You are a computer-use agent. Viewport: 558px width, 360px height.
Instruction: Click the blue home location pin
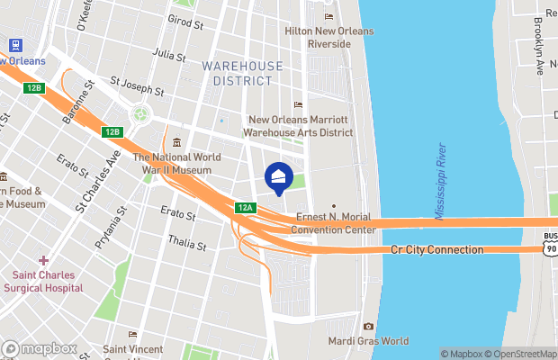tap(279, 176)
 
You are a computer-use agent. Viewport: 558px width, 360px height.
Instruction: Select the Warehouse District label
tap(242, 73)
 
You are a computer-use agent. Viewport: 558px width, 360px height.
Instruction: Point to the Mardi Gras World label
tap(367, 341)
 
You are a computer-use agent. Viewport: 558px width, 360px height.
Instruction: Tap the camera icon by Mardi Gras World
tap(367, 326)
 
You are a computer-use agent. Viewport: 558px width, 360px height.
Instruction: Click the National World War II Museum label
tap(177, 163)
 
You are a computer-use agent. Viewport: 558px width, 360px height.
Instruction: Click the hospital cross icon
tap(43, 260)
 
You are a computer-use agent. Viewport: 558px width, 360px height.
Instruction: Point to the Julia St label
tap(169, 56)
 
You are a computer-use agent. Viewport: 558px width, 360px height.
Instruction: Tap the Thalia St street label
tap(188, 243)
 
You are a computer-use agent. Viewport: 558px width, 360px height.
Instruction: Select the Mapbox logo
tap(40, 348)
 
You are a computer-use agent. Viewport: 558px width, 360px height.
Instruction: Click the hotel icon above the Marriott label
tap(298, 105)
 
